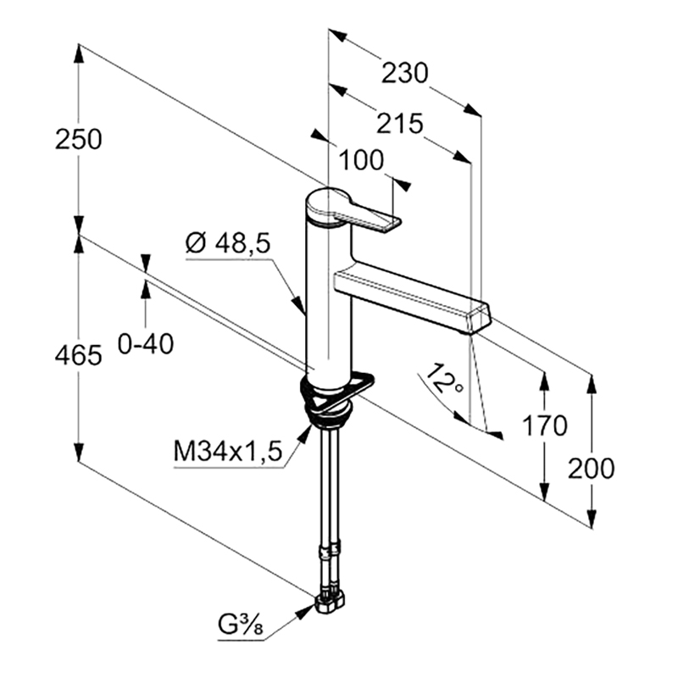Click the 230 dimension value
405,73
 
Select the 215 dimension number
399,124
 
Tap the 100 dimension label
361,160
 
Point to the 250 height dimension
79,139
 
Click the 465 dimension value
79,355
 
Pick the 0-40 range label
146,344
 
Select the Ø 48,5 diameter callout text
228,242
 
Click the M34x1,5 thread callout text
228,451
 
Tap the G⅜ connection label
241,625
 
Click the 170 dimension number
544,425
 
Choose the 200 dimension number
591,468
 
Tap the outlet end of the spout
478,318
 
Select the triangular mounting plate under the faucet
342,391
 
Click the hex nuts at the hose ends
330,603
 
